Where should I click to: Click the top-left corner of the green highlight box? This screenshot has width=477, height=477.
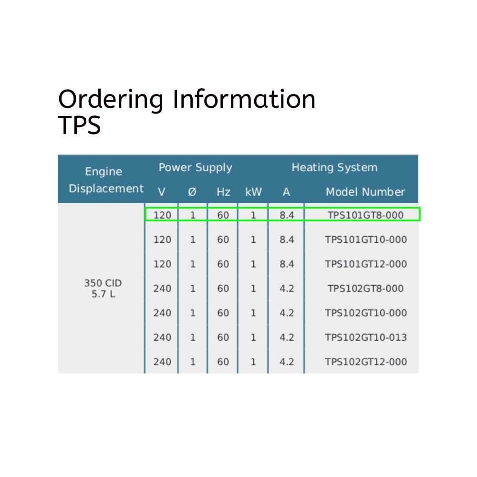(x=145, y=208)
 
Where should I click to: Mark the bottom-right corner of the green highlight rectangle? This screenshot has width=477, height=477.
(x=420, y=221)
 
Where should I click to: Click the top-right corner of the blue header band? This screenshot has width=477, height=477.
(x=418, y=155)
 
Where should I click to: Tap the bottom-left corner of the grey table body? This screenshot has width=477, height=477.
(x=58, y=373)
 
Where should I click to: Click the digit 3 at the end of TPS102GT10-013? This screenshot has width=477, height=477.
(x=404, y=337)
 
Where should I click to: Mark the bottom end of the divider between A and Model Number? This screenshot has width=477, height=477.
(x=304, y=373)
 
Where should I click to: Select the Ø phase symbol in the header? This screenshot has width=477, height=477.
(x=192, y=192)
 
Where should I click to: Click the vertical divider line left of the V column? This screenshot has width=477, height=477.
(x=145, y=288)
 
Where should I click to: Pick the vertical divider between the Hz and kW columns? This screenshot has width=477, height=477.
(x=238, y=288)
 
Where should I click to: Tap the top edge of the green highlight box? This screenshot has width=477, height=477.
(x=282, y=208)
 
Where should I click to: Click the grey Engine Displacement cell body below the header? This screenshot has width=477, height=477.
(x=101, y=288)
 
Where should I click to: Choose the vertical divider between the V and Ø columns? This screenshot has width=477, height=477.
(x=178, y=288)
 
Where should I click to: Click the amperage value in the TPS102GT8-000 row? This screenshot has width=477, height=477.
(x=287, y=289)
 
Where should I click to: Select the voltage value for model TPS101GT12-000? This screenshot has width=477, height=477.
(x=162, y=264)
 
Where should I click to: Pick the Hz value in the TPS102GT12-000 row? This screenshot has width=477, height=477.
(x=223, y=362)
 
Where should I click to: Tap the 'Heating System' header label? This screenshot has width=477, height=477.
(x=334, y=167)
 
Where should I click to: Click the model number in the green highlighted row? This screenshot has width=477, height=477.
(x=366, y=215)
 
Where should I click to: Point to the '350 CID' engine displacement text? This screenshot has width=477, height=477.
(x=103, y=283)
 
